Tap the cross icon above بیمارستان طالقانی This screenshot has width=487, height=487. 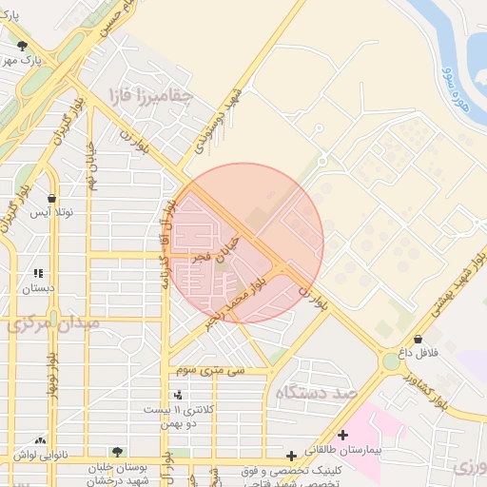click(342, 435)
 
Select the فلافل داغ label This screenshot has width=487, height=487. click(418, 352)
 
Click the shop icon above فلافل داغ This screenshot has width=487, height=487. click(418, 339)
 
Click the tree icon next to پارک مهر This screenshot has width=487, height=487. click(22, 46)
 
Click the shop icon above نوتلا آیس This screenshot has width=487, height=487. click(51, 199)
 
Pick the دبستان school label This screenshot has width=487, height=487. click(39, 286)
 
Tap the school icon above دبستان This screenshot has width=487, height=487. click(38, 273)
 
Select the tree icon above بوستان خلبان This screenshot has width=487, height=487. click(117, 452)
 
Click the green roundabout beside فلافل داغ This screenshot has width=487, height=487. click(391, 361)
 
